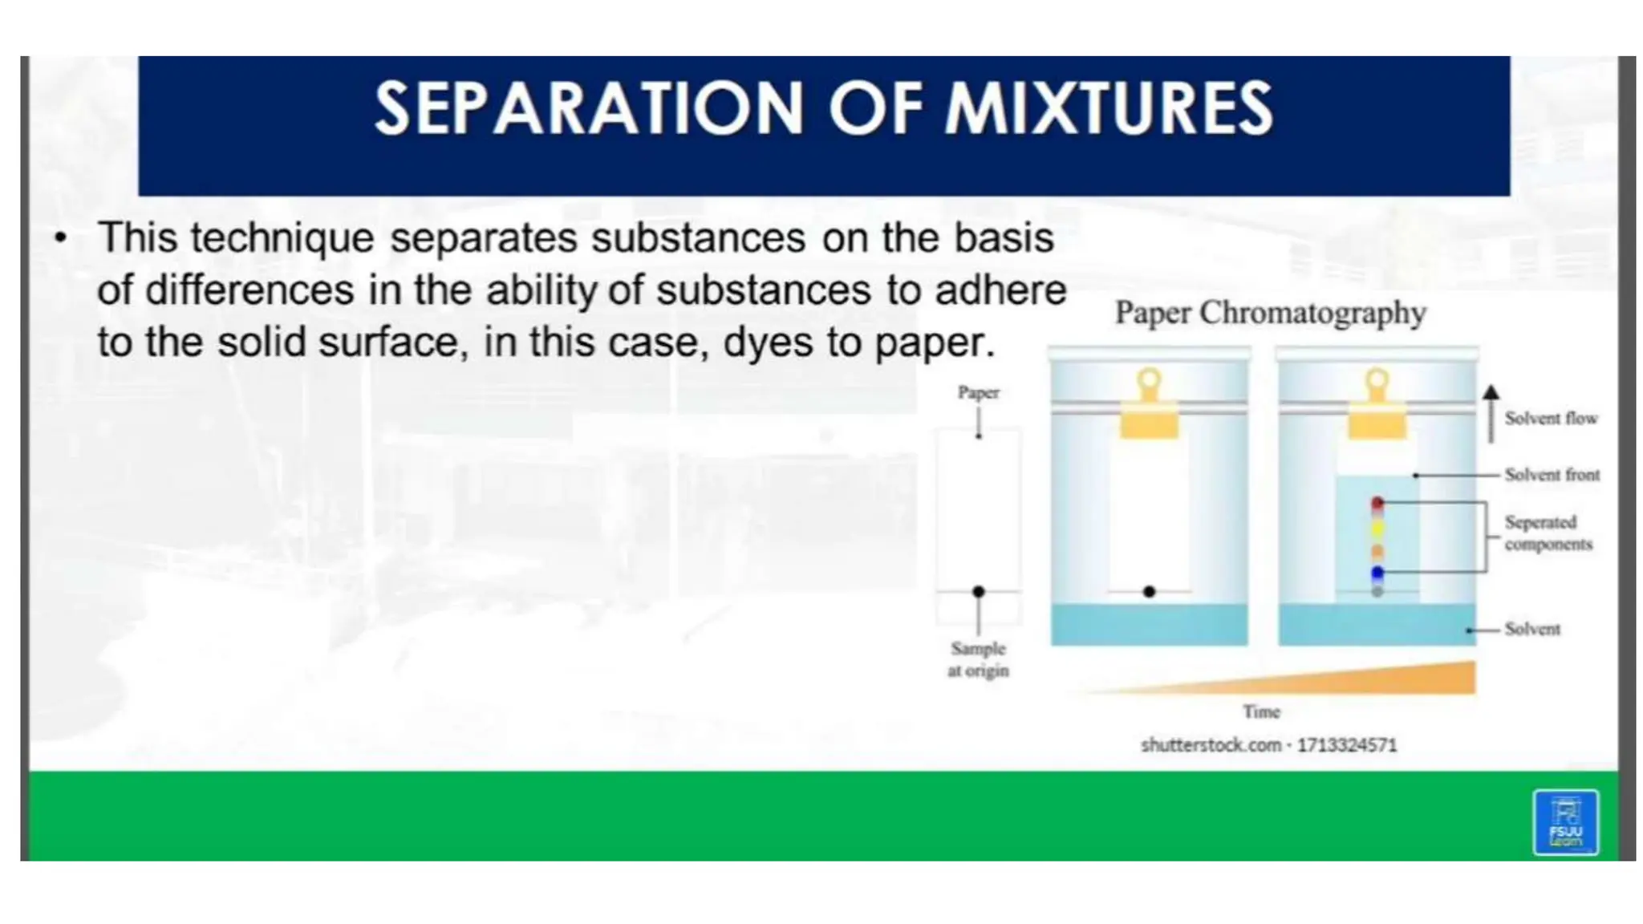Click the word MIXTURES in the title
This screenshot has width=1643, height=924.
coord(1108,109)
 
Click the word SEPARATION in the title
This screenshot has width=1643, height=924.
coord(588,109)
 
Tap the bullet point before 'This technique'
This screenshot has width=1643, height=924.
coord(60,237)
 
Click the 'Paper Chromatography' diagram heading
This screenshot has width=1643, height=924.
coord(1270,313)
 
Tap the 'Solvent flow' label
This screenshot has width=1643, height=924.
coord(1550,419)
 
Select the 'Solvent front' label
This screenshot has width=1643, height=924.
coord(1552,475)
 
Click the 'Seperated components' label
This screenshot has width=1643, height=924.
coord(1547,533)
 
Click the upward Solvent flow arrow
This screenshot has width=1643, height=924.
coord(1491,413)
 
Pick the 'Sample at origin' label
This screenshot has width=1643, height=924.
coord(978,659)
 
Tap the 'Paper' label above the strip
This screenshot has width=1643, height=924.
coord(978,393)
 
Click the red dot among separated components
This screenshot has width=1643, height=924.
coord(1377,503)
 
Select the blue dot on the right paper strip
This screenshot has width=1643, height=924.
coord(1377,572)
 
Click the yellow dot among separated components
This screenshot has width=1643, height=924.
coord(1377,529)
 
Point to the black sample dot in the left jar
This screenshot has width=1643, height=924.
coord(1149,592)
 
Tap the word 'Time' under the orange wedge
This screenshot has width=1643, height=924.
coord(1261,712)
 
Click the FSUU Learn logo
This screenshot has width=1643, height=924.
coord(1565,823)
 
